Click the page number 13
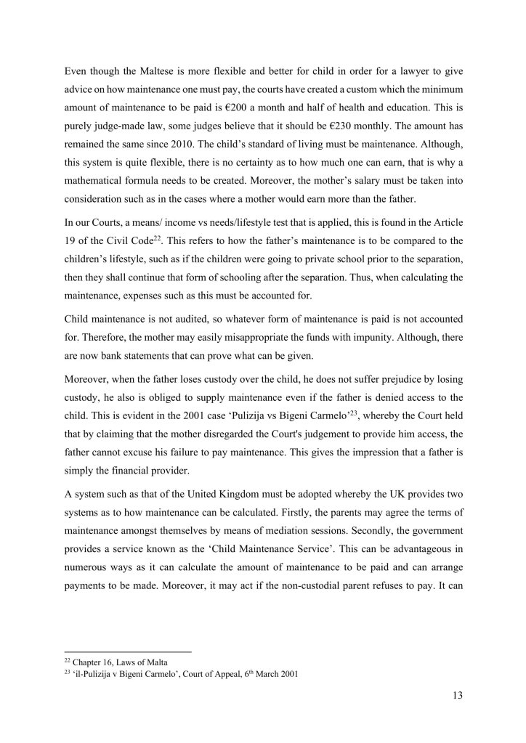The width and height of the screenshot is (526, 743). [456, 694]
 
